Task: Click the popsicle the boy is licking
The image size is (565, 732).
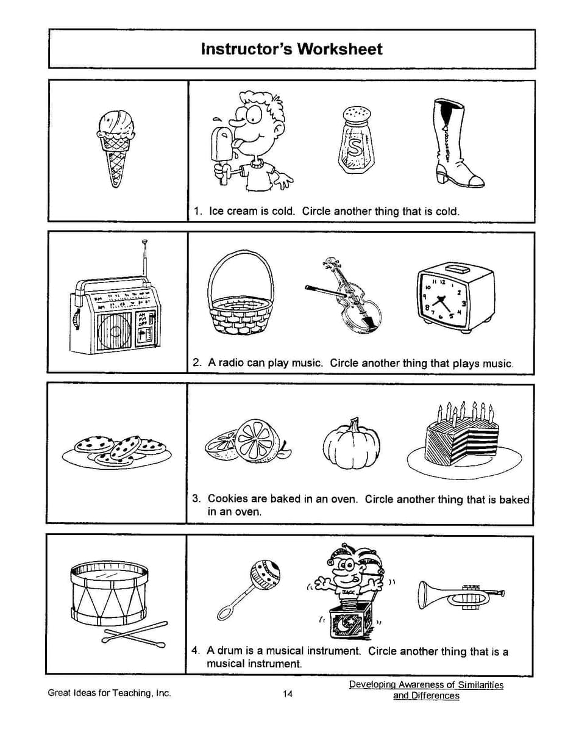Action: (220, 144)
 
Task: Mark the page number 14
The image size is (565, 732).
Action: (288, 694)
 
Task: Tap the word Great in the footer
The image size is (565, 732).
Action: (60, 693)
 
